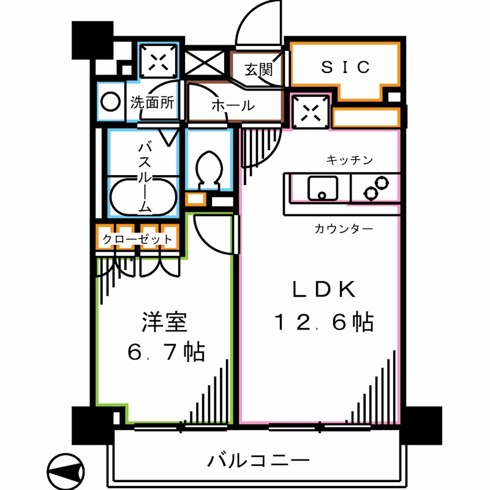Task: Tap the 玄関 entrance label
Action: click(258, 69)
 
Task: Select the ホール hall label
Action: click(233, 105)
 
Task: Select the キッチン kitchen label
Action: click(349, 160)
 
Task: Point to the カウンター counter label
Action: click(343, 229)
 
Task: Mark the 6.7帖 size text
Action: click(165, 353)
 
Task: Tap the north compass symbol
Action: click(65, 470)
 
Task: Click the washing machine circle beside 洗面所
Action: click(111, 102)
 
